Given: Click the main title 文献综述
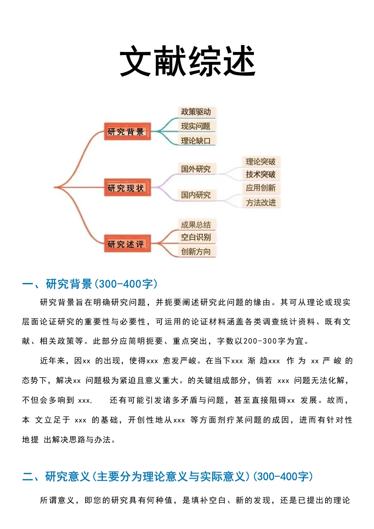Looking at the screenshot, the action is pos(187,61).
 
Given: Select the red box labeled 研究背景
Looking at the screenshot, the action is pos(127,131).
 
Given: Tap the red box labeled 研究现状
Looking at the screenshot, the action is pos(127,188).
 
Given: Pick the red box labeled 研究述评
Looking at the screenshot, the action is pos(127,244).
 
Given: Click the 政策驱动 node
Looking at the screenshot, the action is pos(196,112).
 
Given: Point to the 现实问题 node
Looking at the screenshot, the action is pos(196,126).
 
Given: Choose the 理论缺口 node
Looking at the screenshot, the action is pos(196,141).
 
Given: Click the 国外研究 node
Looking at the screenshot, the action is pos(196,169).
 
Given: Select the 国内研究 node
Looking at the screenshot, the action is pos(196,195).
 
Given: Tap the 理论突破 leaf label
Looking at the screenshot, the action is pos(261,162).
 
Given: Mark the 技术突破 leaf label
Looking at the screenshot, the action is pos(261,174).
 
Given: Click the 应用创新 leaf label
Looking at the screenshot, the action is pos(261,188).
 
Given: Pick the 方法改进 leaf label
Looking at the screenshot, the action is pos(261,202).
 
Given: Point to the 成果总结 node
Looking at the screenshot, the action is pos(196,225).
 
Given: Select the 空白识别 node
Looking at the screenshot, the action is pos(196,237).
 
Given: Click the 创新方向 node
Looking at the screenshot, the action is pos(196,252).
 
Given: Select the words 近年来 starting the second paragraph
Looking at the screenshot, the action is pos(52,361).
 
